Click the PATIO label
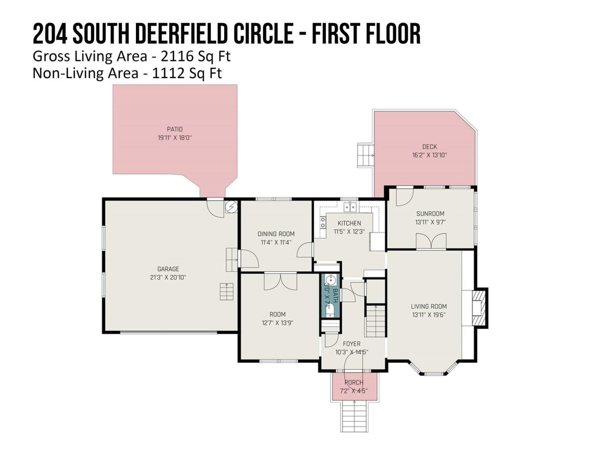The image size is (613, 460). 175,129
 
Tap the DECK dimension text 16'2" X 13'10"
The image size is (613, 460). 430,155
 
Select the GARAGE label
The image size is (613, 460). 168,269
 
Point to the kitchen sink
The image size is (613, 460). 350,207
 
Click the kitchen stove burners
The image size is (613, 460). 323,222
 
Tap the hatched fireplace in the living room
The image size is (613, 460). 479,308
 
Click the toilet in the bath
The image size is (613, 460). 330,311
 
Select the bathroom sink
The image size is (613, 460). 330,279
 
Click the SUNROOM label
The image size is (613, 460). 430,214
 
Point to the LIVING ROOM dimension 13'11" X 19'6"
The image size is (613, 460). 429,315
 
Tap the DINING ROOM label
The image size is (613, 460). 276,234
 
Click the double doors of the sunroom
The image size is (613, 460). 431,241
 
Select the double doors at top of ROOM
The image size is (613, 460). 280,282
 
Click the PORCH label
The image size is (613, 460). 354,382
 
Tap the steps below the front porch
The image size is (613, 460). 354,417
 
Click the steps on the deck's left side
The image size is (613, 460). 366,155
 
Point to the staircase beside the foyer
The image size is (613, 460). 375,321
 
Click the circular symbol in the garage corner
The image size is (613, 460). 231,207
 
